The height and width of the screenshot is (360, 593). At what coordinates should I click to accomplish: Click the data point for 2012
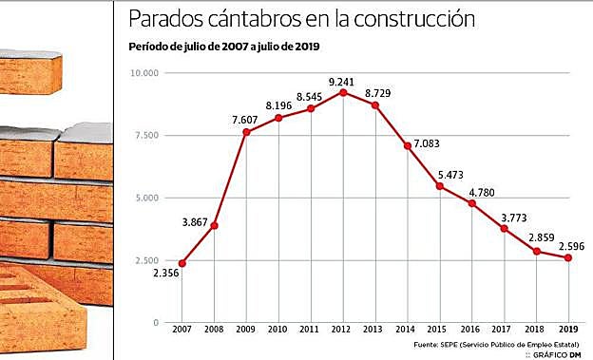342,92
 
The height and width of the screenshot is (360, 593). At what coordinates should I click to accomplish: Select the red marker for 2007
182,263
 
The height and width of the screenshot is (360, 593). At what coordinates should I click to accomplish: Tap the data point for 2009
246,132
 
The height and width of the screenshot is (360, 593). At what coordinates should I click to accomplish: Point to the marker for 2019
569,257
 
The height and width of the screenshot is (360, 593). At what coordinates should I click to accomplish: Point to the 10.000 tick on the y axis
146,72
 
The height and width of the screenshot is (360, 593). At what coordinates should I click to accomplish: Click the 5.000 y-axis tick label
149,198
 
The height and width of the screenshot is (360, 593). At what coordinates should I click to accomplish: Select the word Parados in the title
163,20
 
